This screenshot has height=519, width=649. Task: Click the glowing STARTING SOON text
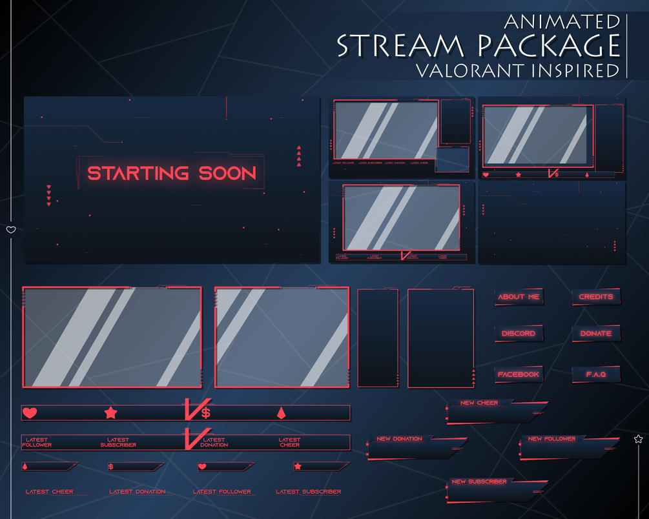point(172,173)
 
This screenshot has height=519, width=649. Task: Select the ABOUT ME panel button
point(519,297)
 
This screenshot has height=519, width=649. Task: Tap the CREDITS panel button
point(595,297)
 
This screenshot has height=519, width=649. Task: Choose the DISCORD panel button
point(519,334)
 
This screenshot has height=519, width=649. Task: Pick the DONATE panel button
point(595,334)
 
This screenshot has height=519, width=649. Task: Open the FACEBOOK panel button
point(519,374)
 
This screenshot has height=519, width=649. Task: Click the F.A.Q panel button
point(595,374)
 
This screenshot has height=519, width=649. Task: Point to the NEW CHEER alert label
point(479,403)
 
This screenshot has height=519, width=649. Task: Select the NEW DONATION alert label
point(399,439)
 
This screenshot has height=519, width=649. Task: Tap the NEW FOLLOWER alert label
point(551,439)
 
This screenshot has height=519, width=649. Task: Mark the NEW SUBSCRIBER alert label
point(479,482)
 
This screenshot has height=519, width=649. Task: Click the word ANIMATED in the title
point(562,22)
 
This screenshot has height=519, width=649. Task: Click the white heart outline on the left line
point(11,230)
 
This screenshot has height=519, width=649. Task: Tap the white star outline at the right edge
point(639,439)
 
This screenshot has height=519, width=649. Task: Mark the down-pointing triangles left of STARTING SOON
point(48,196)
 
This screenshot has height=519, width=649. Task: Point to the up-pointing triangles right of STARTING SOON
point(299,155)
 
